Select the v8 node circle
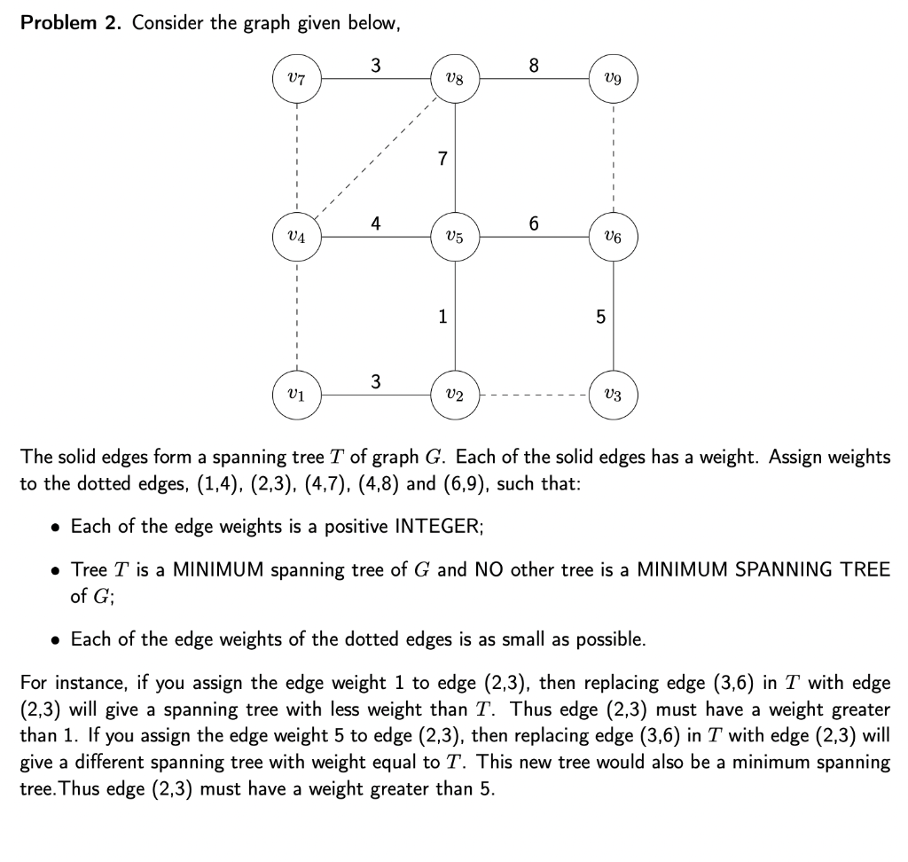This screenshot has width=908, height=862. point(455,79)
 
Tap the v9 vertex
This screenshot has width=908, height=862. point(613,79)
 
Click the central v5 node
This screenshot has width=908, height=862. point(455,237)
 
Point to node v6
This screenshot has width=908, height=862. point(613,237)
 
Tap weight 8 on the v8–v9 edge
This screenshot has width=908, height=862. point(533,65)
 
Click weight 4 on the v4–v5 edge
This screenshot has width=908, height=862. point(376,223)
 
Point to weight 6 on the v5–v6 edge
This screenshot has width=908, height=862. point(533,223)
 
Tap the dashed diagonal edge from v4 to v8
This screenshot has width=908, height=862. point(376,158)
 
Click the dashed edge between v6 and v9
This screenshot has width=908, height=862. point(613,158)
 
